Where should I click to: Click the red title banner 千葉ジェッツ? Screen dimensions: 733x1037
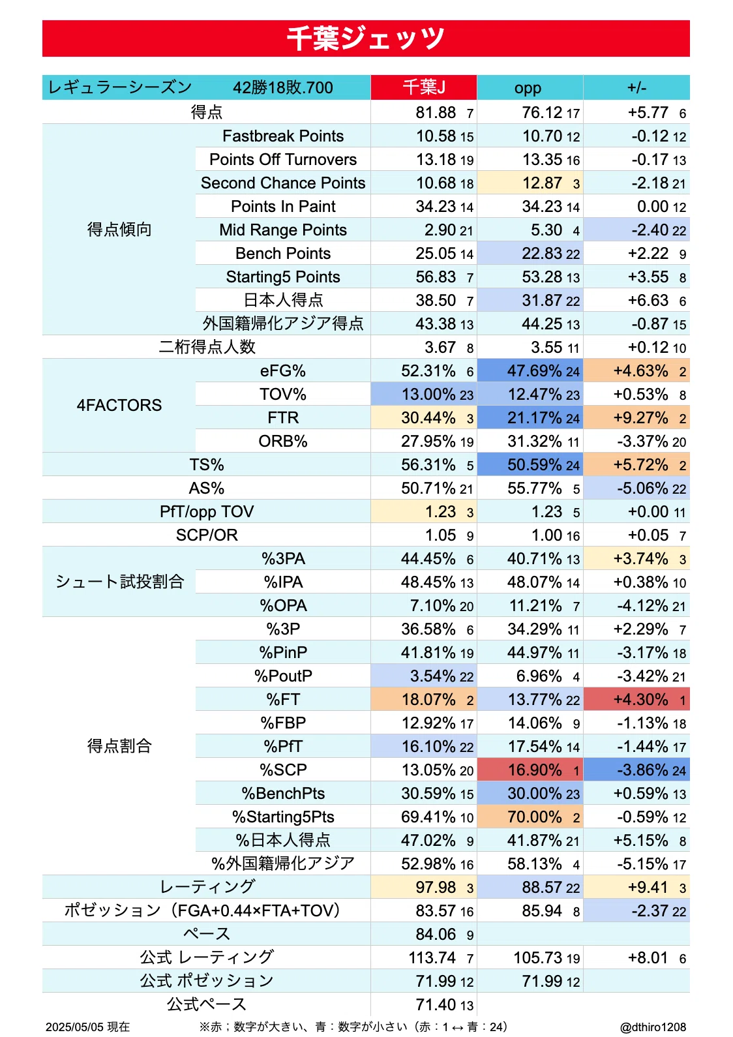click(x=366, y=38)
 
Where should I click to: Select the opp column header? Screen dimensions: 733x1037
click(x=530, y=87)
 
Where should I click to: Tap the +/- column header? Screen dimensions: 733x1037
click(x=636, y=87)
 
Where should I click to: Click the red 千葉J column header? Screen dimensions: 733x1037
click(x=424, y=87)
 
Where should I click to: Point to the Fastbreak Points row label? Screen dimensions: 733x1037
click(x=283, y=136)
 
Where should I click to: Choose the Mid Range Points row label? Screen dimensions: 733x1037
click(x=283, y=230)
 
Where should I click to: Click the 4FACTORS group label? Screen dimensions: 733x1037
click(x=119, y=405)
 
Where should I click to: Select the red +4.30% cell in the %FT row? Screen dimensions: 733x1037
click(x=636, y=699)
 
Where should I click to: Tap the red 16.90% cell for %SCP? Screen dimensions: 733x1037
click(x=530, y=770)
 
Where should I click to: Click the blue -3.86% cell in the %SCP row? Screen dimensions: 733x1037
click(x=636, y=770)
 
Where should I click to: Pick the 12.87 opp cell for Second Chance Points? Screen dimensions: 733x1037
click(x=530, y=183)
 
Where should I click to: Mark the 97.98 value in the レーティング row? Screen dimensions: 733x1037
click(x=435, y=887)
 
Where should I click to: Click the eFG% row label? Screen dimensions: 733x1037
click(x=283, y=371)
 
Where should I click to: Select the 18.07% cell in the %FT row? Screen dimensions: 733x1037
click(x=424, y=699)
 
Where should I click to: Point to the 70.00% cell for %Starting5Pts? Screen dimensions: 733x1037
click(x=530, y=817)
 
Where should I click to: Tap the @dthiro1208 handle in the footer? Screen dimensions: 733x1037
click(x=653, y=1027)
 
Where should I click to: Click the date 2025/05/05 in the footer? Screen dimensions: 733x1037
click(x=76, y=1027)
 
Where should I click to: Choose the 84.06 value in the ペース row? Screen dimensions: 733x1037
click(x=435, y=934)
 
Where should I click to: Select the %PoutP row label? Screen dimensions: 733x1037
click(x=283, y=676)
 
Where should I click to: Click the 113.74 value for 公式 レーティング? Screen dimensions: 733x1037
click(x=432, y=957)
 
